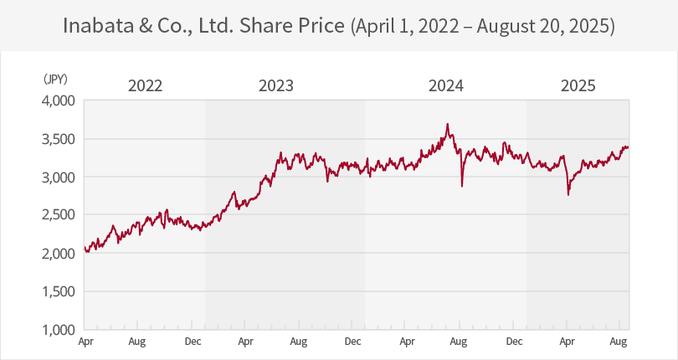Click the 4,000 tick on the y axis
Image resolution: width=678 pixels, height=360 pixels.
pos(59,100)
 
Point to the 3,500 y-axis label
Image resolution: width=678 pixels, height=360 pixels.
pos(59,139)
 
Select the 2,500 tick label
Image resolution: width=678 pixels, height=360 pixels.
pos(59,215)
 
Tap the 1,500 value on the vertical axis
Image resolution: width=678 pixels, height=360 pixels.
pos(59,291)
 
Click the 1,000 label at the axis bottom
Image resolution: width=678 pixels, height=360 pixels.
pos(59,330)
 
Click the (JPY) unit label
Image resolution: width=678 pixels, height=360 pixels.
pos(55,79)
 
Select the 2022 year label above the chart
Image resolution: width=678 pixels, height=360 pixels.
pos(145,85)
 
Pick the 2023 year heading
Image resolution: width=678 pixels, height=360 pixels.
pos(276,85)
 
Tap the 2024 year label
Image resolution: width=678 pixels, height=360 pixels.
pos(445,85)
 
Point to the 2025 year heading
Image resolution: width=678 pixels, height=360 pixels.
pos(578,85)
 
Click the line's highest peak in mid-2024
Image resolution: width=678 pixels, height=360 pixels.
pos(449,124)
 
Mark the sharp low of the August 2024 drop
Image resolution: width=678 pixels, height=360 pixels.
pos(462,185)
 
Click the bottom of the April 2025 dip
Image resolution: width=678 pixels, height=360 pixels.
pos(568,194)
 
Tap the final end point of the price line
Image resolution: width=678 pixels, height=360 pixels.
pos(629,147)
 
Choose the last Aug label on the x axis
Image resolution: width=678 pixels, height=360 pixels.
pos(619,342)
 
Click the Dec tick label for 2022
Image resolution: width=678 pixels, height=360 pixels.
pos(193,342)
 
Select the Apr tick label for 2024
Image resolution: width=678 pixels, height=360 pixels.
pos(408,342)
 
